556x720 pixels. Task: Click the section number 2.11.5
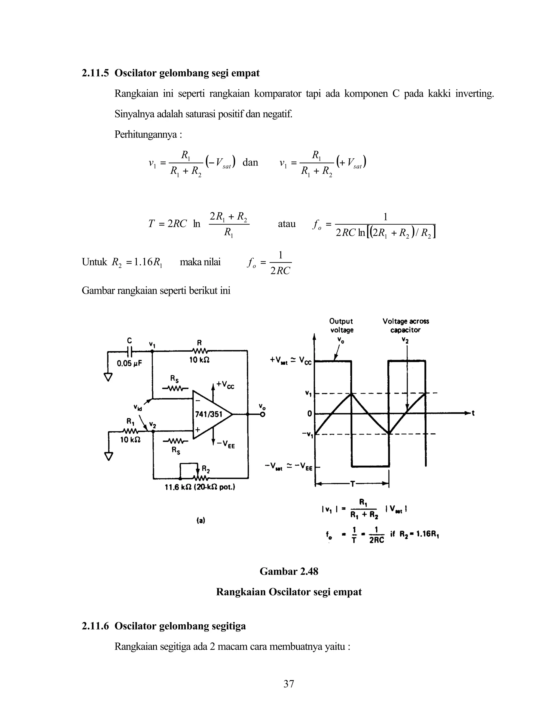pyautogui.click(x=95, y=73)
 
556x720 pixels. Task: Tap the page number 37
pyautogui.click(x=289, y=684)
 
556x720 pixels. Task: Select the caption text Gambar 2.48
pyautogui.click(x=289, y=571)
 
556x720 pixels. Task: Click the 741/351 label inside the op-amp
pyautogui.click(x=209, y=414)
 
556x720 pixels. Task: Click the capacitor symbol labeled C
pyautogui.click(x=129, y=351)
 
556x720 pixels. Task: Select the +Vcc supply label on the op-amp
pyautogui.click(x=225, y=385)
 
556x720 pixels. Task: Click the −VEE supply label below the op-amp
pyautogui.click(x=226, y=445)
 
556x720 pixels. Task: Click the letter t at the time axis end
pyautogui.click(x=473, y=413)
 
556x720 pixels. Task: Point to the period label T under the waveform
pyautogui.click(x=352, y=484)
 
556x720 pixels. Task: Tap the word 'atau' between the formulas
pyautogui.click(x=287, y=224)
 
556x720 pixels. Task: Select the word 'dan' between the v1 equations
pyautogui.click(x=250, y=162)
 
